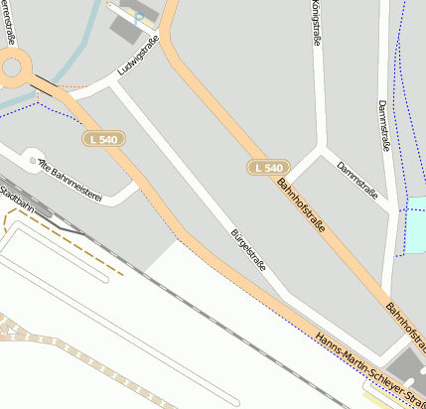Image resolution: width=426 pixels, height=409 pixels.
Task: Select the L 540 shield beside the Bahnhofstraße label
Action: [269, 168]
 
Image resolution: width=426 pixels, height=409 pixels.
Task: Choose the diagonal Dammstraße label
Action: [357, 180]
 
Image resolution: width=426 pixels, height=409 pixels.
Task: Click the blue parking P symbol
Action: [138, 18]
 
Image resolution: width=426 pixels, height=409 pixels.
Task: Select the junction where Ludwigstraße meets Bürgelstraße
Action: [114, 84]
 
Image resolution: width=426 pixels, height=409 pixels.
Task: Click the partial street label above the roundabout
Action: [12, 17]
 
